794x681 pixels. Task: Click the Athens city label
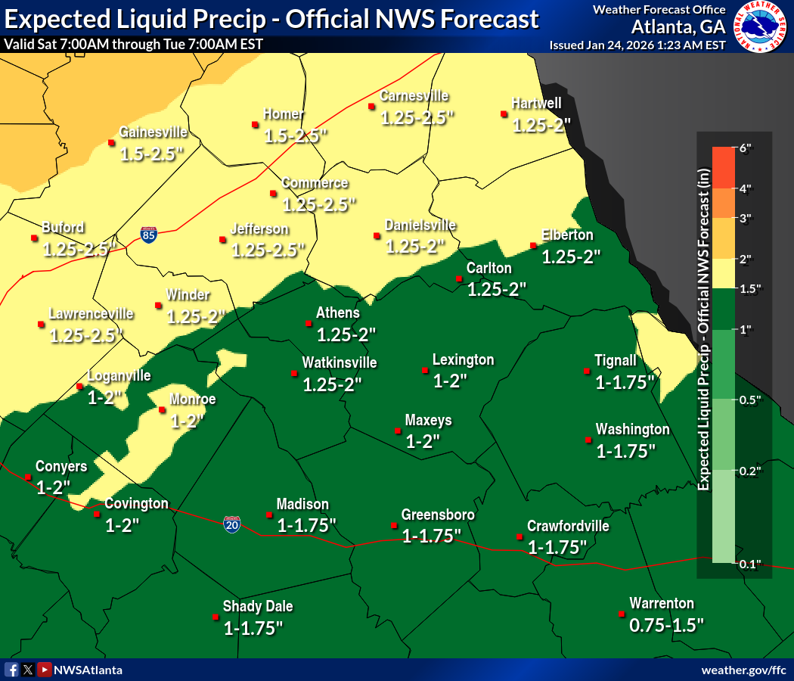click(x=337, y=313)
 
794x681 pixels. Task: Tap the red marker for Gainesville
click(x=112, y=141)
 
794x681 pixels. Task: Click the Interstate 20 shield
click(x=232, y=524)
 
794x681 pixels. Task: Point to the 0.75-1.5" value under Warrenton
click(x=666, y=625)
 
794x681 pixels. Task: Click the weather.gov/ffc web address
click(x=743, y=670)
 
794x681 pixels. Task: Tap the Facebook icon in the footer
click(x=12, y=670)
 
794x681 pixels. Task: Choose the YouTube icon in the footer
click(x=45, y=670)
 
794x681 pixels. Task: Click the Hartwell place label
click(x=536, y=103)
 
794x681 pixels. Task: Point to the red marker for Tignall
click(x=586, y=371)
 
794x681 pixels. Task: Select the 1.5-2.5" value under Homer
click(x=295, y=136)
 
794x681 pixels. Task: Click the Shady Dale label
click(x=257, y=606)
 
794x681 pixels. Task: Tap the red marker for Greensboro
click(x=394, y=525)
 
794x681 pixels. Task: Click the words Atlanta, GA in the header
click(x=678, y=27)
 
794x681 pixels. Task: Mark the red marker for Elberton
click(x=533, y=245)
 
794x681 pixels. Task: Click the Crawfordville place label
click(x=567, y=526)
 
